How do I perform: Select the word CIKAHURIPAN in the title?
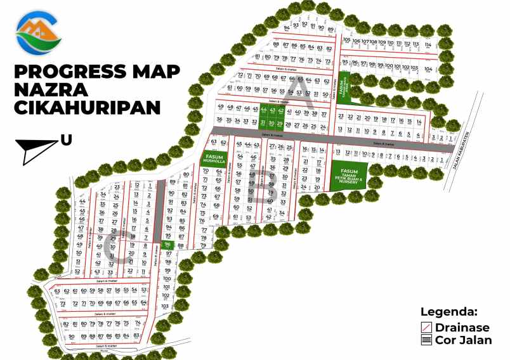[86, 108]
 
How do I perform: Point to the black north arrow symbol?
[39, 151]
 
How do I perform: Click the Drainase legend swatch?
[428, 327]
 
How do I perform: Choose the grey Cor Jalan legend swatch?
[428, 340]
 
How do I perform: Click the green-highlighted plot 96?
[167, 244]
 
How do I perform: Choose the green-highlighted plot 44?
[264, 110]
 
